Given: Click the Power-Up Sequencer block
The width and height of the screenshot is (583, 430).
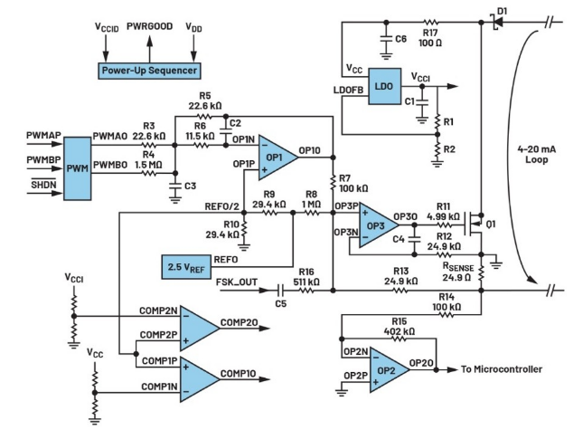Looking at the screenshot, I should [x=149, y=70].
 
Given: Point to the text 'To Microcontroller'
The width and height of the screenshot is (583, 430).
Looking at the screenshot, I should [x=501, y=369].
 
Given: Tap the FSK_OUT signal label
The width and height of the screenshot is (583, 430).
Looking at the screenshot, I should [x=236, y=282].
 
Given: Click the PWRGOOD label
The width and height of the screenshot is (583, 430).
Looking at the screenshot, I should [x=146, y=26].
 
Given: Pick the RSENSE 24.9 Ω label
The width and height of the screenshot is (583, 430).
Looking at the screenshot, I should [x=456, y=272].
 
